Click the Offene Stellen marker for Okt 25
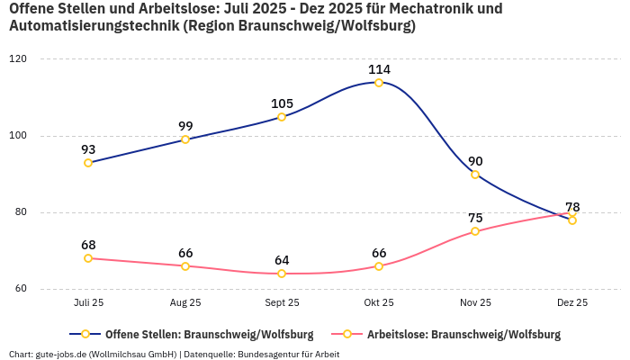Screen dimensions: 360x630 click(379, 83)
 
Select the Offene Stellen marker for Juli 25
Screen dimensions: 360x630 click(88, 163)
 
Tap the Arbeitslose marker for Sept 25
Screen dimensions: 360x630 click(282, 274)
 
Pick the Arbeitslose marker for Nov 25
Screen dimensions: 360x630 click(475, 231)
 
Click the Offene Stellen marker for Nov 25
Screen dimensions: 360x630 click(475, 175)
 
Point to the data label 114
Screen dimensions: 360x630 click(379, 69)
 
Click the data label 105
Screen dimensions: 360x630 click(282, 103)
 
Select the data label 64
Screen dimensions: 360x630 click(282, 260)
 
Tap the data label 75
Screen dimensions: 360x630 click(475, 218)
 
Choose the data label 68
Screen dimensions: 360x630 click(88, 245)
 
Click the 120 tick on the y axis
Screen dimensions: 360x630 click(18, 59)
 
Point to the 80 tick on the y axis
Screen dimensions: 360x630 click(21, 213)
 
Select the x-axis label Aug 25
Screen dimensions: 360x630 click(185, 303)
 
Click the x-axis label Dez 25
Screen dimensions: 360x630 click(572, 303)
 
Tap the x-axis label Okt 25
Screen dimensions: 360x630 click(379, 303)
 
